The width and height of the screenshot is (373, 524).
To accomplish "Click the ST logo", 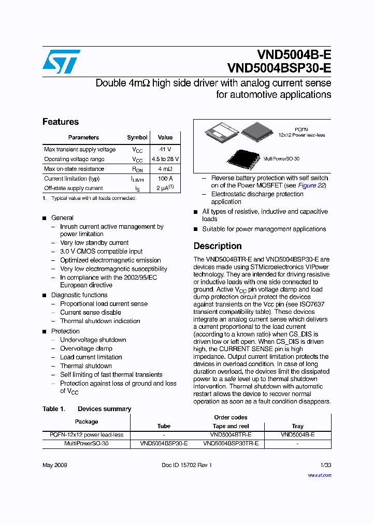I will (61, 62).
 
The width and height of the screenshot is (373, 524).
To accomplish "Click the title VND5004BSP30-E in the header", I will (279, 68).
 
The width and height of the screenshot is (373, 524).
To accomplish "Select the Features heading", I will (61, 122).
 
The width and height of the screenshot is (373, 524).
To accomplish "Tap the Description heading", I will (218, 246).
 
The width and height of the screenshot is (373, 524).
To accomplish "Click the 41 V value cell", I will (165, 149).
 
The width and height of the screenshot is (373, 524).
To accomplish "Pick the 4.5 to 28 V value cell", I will (165, 159).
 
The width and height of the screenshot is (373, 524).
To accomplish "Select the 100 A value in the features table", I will (165, 178).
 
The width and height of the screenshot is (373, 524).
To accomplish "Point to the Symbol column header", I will (137, 137).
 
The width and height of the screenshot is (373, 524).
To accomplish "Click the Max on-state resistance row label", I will (74, 169).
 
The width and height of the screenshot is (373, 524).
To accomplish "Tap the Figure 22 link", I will (312, 185).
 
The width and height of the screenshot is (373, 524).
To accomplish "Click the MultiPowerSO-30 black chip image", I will (243, 158).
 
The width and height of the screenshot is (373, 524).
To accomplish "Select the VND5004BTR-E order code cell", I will (231, 435).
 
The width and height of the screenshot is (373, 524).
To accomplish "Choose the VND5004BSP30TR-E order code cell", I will (231, 444).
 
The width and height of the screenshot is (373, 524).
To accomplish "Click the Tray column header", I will (297, 426).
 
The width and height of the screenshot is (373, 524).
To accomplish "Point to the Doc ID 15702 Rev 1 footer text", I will (187, 465).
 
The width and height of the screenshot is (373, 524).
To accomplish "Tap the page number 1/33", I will (325, 465).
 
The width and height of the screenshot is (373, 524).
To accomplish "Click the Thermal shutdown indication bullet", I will (100, 321).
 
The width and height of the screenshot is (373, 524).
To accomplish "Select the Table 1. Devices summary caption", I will (87, 409).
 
